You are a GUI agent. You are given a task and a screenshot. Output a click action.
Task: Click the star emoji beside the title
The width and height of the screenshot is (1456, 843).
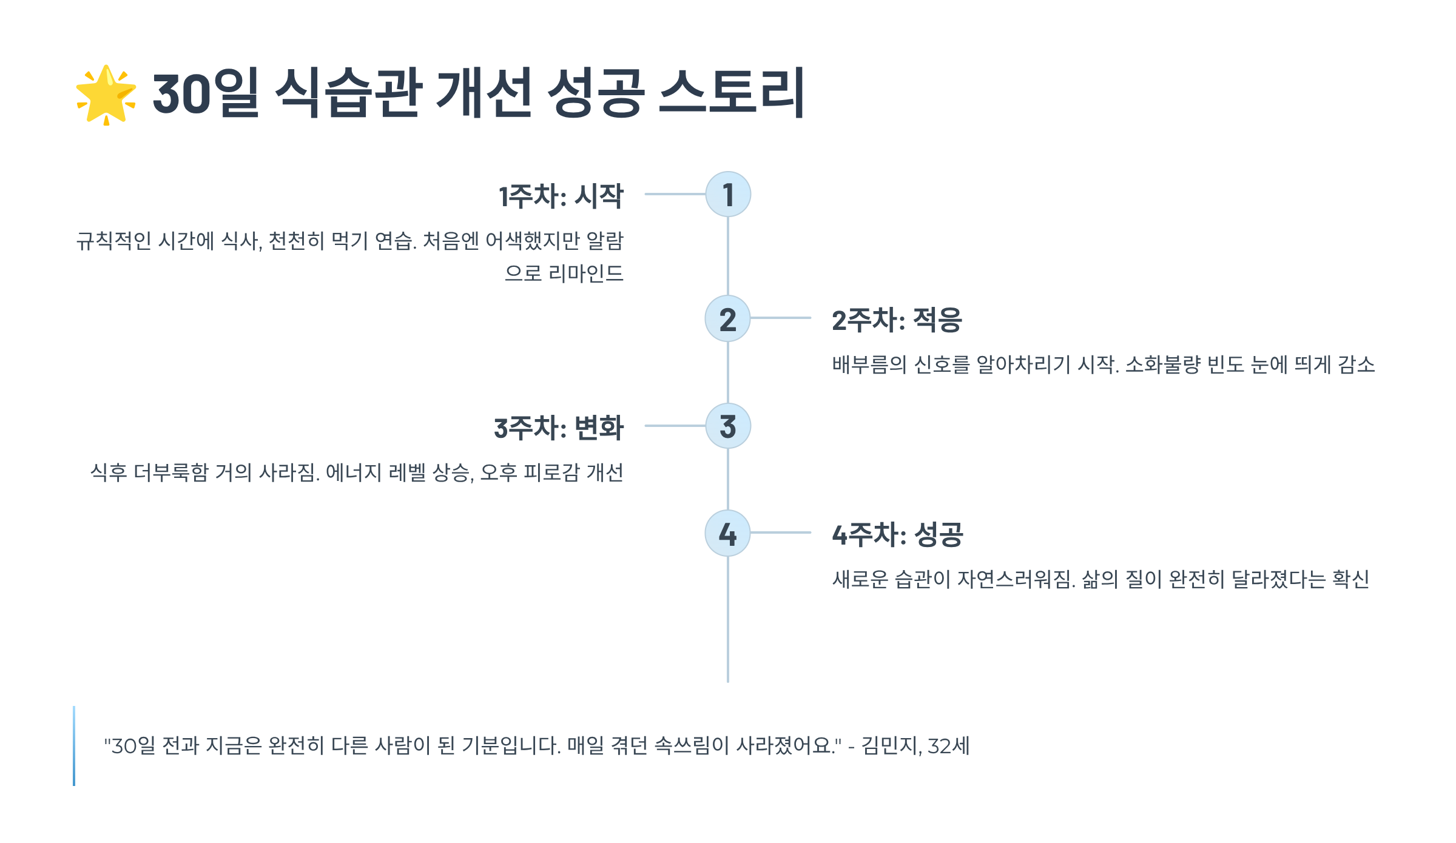click(x=106, y=95)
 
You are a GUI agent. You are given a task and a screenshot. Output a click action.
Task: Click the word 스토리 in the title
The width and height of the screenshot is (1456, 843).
click(x=732, y=93)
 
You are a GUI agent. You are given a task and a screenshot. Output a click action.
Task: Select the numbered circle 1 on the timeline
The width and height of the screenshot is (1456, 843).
click(x=728, y=194)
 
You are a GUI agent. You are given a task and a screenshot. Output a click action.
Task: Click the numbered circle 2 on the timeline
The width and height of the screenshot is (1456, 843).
click(x=728, y=318)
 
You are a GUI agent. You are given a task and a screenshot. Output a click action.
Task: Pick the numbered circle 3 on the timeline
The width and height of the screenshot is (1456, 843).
click(x=728, y=426)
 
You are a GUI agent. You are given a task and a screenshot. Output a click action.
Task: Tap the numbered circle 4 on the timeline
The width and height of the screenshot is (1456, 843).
click(x=728, y=533)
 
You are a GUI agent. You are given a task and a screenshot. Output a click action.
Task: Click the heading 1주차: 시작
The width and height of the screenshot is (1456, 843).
click(x=561, y=196)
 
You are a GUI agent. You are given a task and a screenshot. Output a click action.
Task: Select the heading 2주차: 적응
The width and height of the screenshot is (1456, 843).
click(x=897, y=320)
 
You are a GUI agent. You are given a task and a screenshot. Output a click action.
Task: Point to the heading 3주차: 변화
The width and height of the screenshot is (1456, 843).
click(x=559, y=428)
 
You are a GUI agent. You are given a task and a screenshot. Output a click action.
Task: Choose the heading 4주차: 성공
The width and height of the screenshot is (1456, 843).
click(x=897, y=534)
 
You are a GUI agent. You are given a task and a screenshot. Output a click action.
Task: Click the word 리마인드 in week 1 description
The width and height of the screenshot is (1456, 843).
click(x=585, y=274)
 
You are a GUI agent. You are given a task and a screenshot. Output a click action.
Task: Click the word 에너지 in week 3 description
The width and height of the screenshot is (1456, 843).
click(x=354, y=472)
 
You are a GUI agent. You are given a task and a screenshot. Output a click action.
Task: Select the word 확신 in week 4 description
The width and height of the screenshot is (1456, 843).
click(x=1350, y=579)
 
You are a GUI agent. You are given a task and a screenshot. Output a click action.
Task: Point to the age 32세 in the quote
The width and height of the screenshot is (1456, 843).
click(x=949, y=745)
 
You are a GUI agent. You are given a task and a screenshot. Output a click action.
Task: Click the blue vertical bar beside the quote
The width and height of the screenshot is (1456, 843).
click(x=74, y=745)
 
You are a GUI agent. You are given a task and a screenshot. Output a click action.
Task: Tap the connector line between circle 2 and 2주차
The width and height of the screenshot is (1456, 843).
click(x=781, y=318)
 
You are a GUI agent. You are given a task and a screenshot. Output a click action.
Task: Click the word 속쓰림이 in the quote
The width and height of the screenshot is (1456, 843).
click(x=692, y=745)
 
